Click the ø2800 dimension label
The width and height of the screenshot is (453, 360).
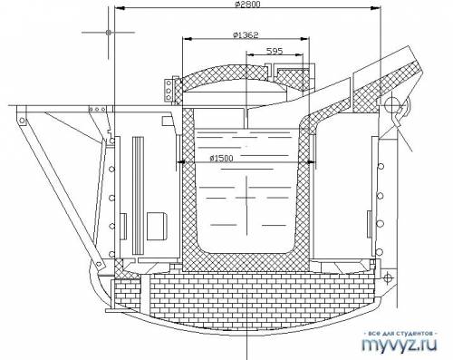click(247, 4)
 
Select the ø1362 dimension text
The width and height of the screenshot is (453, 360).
click(246, 35)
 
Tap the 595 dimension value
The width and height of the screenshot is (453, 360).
click(275, 51)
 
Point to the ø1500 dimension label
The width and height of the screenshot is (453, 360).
click(222, 158)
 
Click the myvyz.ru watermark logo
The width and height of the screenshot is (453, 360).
click(400, 344)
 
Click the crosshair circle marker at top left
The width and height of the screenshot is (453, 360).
click(109, 32)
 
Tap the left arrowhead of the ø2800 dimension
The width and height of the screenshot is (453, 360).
click(120, 9)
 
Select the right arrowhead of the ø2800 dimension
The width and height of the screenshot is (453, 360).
click(375, 9)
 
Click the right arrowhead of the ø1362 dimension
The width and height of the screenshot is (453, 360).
click(305, 39)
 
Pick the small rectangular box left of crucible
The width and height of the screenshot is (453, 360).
click(157, 226)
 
